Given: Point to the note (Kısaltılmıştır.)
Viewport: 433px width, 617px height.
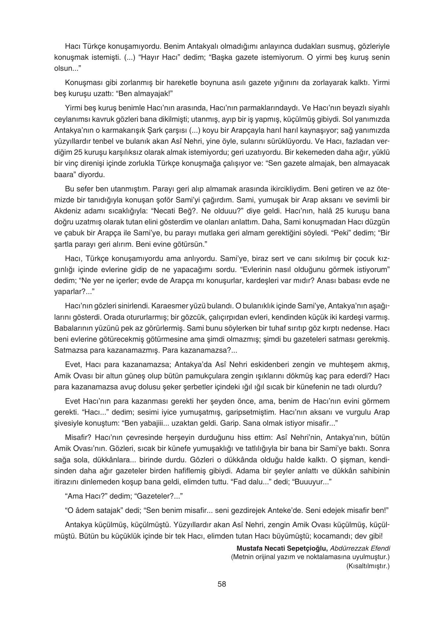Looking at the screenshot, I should pyautogui.click(x=367, y=566).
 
